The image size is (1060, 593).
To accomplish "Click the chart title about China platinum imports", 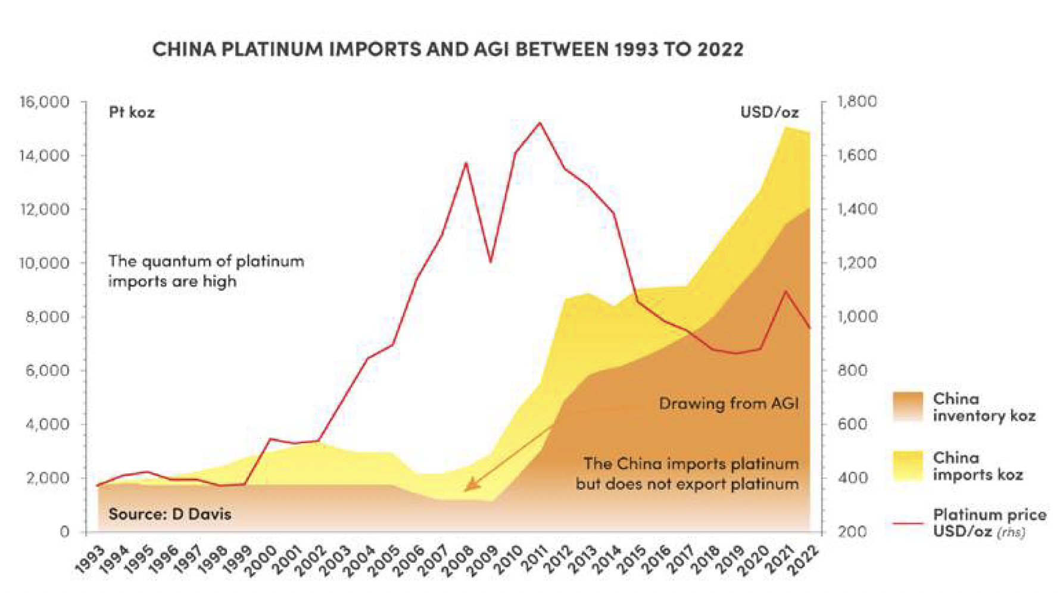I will (447, 49).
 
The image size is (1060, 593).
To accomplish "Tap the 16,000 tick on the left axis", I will (45, 102).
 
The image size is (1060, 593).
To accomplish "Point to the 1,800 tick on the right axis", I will (857, 102).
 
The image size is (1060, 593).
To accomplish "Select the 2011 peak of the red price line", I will (540, 123).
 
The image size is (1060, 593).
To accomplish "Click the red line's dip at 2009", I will (491, 261).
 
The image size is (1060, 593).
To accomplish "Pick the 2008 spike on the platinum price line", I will (466, 163).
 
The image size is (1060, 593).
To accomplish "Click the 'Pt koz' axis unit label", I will (132, 113).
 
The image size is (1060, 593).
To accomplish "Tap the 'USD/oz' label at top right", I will (769, 113).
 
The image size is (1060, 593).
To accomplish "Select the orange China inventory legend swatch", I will (908, 407).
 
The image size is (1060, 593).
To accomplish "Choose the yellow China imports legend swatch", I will (908, 466).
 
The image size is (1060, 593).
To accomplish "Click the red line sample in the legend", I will (908, 523).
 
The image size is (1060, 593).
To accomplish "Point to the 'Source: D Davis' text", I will (170, 514).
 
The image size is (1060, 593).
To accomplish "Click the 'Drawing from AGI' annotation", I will (728, 404).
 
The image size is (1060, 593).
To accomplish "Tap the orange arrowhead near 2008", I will (469, 486).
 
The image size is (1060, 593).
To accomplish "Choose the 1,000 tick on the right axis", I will (857, 317).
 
